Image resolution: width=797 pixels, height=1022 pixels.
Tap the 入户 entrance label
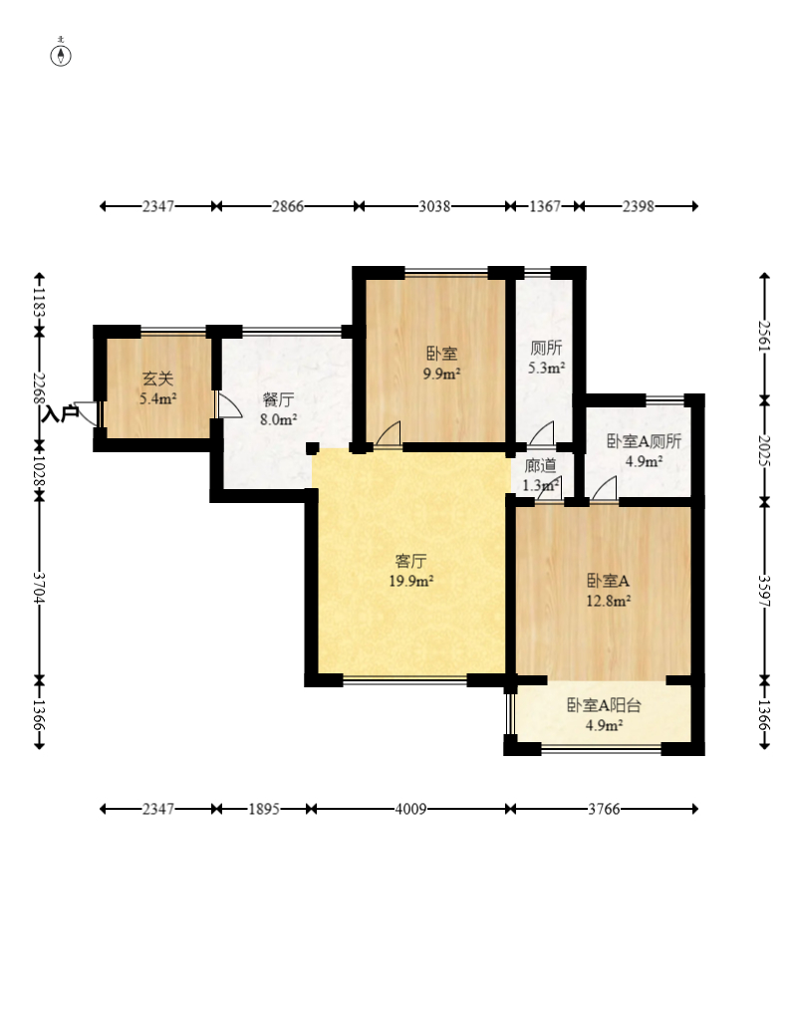(60, 413)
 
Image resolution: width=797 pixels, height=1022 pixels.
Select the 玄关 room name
(157, 379)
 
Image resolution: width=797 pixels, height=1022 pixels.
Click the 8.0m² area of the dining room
(278, 419)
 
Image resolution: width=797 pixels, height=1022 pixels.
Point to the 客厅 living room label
(411, 561)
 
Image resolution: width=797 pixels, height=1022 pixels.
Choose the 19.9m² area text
(411, 581)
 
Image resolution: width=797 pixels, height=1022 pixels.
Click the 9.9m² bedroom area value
(441, 375)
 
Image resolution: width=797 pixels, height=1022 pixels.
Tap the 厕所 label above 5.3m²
(546, 348)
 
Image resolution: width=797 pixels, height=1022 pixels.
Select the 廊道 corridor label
(540, 465)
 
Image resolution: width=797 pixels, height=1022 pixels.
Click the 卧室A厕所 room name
(644, 441)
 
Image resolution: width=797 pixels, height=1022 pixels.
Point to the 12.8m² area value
(608, 601)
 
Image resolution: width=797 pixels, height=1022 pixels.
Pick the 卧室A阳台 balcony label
(604, 705)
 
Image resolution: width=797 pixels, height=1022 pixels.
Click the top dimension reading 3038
(434, 206)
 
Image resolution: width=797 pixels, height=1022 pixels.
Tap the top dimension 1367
(545, 206)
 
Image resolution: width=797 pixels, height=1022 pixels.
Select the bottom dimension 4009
(411, 809)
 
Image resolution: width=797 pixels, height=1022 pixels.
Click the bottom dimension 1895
(264, 809)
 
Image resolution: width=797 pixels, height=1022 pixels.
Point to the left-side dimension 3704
(39, 588)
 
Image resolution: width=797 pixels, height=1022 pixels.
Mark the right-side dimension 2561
(764, 336)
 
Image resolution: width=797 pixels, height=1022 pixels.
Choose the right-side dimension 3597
(764, 591)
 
